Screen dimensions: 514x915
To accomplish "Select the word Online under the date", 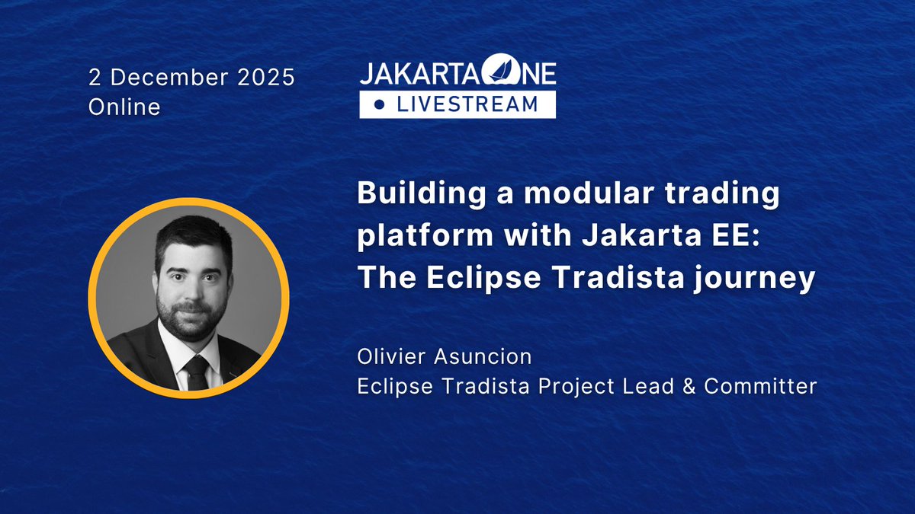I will pos(124,107).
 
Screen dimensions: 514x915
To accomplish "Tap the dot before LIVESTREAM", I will pos(380,104).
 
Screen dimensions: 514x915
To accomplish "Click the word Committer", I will pos(760,386).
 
